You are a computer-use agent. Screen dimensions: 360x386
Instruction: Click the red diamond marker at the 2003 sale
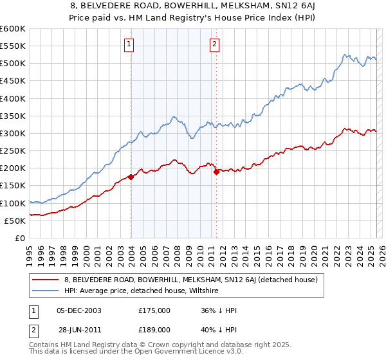[x=131, y=177]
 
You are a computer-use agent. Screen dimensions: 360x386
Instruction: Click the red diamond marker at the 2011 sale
[x=216, y=172]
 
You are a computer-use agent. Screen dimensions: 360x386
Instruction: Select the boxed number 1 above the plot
[x=129, y=44]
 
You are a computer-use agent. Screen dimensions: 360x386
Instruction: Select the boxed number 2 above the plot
[x=214, y=44]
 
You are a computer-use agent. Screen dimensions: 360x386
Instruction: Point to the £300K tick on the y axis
[x=13, y=133]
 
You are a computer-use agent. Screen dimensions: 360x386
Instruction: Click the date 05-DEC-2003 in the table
[x=79, y=310]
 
